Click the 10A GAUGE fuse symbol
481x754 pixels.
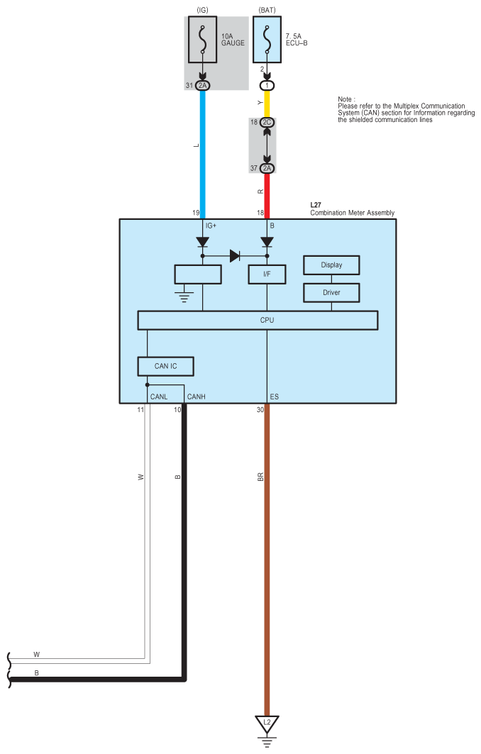coord(202,40)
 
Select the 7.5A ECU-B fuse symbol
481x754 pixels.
coord(267,40)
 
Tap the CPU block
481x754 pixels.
coord(258,321)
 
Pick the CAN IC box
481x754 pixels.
coord(166,367)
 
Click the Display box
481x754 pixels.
coord(331,265)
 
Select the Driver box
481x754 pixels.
coord(331,293)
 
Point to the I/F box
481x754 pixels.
coord(267,274)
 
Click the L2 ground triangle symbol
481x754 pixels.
coord(267,723)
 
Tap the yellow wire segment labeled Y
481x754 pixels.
coord(267,104)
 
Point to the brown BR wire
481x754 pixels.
coord(267,560)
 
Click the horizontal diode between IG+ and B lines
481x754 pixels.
coord(235,256)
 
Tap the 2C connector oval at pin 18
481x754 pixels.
coord(267,122)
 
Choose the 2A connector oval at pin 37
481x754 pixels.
coord(267,168)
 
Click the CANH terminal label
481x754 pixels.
coord(197,397)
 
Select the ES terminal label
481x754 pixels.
coord(274,397)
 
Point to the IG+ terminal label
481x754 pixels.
coord(211,226)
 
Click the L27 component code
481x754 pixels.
coord(316,205)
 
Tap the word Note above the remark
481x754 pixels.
coord(345,99)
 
